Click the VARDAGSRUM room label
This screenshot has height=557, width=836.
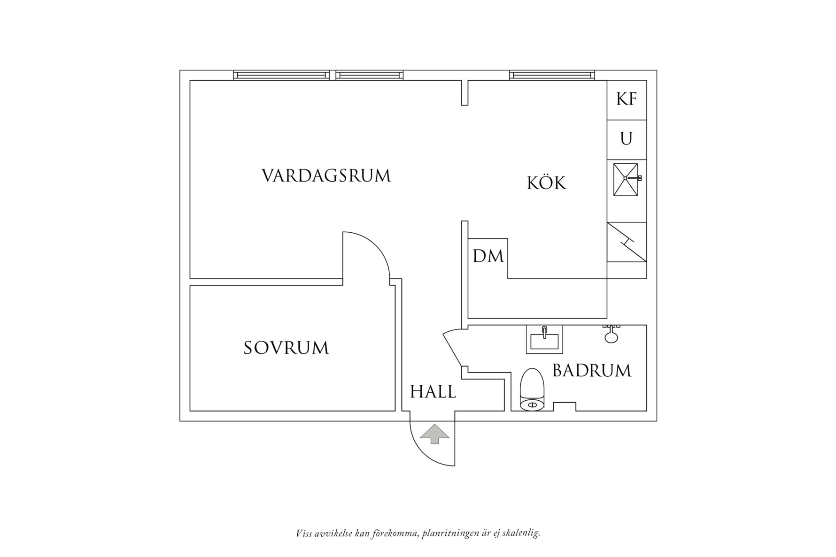326,176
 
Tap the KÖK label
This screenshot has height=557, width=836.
547,183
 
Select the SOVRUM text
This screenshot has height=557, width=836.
286,348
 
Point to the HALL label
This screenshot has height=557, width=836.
433,392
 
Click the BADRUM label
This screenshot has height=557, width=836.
591,371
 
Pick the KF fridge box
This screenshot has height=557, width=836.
627,99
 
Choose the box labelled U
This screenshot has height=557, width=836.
627,139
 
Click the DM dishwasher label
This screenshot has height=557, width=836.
488,256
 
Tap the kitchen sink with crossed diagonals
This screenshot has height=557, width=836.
626,179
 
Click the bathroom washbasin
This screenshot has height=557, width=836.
544,339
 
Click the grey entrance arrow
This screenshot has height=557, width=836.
434,434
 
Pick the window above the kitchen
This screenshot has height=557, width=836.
552,75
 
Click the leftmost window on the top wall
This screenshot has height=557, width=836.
281,75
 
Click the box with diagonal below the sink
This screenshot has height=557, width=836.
627,242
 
